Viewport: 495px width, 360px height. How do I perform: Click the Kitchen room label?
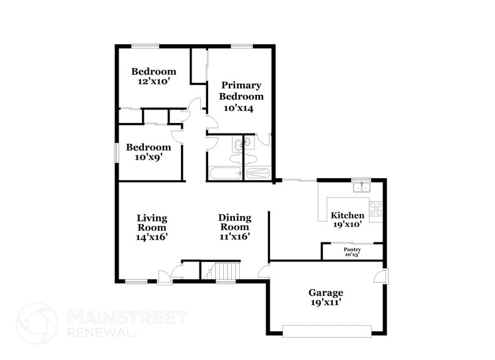[348, 219]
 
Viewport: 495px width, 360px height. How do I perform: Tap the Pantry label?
[352, 252]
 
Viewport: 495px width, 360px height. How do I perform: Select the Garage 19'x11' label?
[326, 297]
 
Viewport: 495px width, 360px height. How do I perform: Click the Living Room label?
[152, 227]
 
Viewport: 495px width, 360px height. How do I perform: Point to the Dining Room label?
[235, 227]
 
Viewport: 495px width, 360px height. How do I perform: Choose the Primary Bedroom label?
[241, 96]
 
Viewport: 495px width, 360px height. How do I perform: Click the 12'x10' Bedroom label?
[154, 76]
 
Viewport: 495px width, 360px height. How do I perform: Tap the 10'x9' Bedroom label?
[148, 152]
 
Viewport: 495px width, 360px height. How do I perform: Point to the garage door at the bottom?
[327, 331]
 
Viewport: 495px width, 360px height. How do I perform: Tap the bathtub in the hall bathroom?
[225, 173]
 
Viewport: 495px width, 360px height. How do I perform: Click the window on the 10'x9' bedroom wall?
[116, 152]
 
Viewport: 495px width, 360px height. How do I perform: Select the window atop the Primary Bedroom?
[242, 45]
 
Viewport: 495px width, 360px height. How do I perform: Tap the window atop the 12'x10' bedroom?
[146, 45]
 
